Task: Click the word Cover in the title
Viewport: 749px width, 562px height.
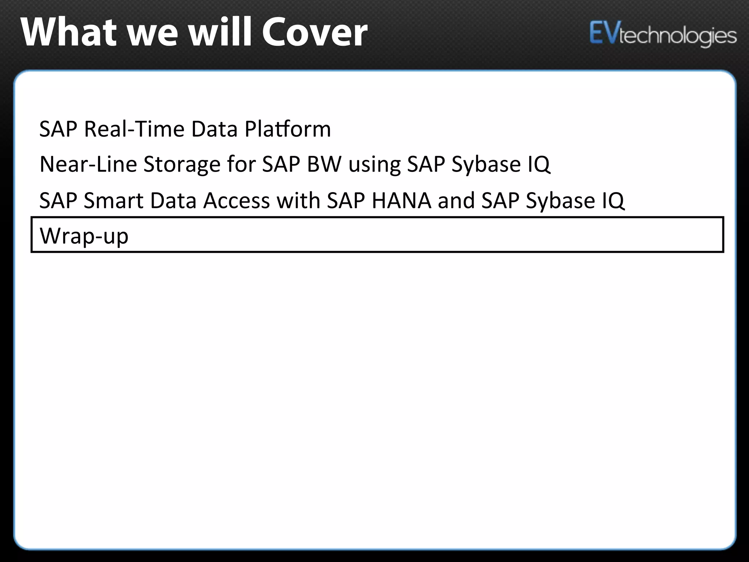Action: [x=315, y=33]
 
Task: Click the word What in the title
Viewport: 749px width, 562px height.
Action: [x=68, y=33]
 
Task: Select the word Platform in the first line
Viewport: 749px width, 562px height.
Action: [x=287, y=129]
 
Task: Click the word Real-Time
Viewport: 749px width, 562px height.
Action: [x=134, y=129]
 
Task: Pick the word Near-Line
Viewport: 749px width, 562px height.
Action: [x=88, y=164]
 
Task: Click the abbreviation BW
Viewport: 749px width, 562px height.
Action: [x=324, y=164]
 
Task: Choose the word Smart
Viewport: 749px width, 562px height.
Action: [x=113, y=201]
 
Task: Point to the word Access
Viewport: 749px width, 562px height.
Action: [x=236, y=201]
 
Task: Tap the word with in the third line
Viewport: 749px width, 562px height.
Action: [x=298, y=201]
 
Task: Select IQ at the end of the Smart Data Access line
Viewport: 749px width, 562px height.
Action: [x=613, y=201]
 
